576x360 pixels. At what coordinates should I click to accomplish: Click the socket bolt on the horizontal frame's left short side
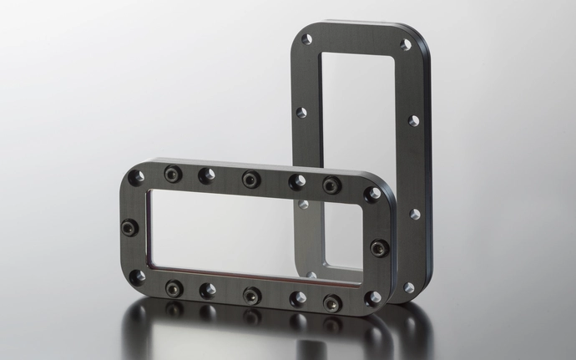click(x=129, y=226)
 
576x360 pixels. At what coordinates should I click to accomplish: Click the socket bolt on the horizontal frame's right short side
click(x=378, y=247)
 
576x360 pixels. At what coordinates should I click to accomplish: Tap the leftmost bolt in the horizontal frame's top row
click(x=173, y=174)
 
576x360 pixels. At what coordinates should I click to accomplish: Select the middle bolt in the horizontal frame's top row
click(x=251, y=179)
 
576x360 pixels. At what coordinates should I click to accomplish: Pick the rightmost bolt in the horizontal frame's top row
click(x=331, y=185)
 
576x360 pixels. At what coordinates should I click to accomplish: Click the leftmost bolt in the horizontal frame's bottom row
click(x=174, y=288)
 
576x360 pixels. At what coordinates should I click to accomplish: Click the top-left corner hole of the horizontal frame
click(x=136, y=177)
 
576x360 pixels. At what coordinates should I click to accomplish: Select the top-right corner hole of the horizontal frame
click(x=372, y=194)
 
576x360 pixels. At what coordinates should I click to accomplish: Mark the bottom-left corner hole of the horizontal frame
click(x=138, y=276)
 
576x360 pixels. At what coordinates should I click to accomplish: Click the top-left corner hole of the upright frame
click(x=306, y=39)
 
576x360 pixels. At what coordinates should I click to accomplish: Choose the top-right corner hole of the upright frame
click(x=406, y=44)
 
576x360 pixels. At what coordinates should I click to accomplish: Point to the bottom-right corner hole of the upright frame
click(x=408, y=287)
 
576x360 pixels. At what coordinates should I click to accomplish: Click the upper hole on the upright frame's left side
click(x=301, y=112)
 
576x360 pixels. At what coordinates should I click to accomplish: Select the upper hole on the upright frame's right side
click(x=413, y=121)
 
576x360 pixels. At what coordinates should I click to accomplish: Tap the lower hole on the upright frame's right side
click(x=415, y=215)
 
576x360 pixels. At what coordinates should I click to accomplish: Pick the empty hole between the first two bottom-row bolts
click(x=209, y=290)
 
